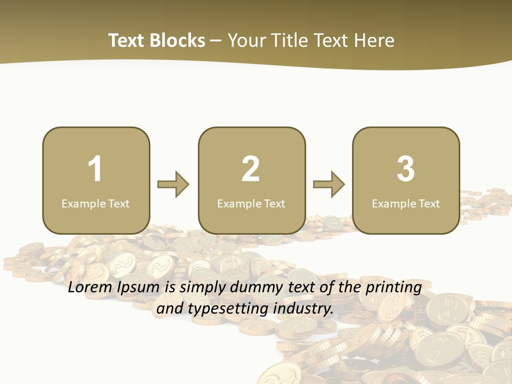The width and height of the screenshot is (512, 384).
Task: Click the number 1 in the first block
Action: (95, 169)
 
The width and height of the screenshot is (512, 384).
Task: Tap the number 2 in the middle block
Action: (251, 169)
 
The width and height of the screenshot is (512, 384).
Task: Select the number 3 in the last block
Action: (406, 169)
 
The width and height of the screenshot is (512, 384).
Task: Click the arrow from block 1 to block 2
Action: (173, 185)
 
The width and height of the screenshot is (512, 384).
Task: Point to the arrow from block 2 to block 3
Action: (329, 185)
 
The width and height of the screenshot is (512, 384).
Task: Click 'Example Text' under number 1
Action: (95, 204)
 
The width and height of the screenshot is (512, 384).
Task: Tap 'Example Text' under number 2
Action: (251, 204)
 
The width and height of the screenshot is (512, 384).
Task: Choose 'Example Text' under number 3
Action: (406, 204)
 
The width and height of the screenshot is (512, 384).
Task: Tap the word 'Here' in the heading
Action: (374, 41)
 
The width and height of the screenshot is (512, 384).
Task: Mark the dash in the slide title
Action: (217, 41)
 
